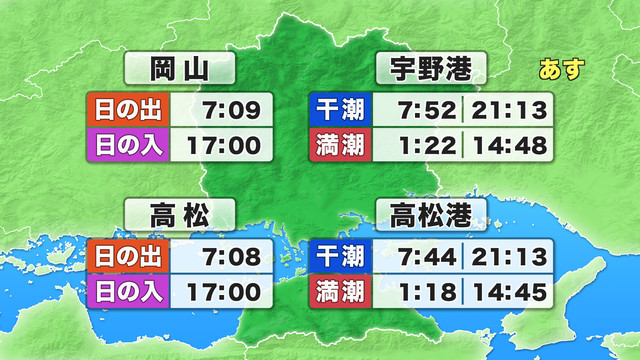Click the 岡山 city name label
click(180, 70)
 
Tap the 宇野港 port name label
click(431, 70)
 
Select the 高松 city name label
click(180, 214)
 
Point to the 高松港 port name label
click(431, 214)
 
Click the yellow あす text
click(561, 71)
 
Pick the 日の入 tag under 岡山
click(130, 146)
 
